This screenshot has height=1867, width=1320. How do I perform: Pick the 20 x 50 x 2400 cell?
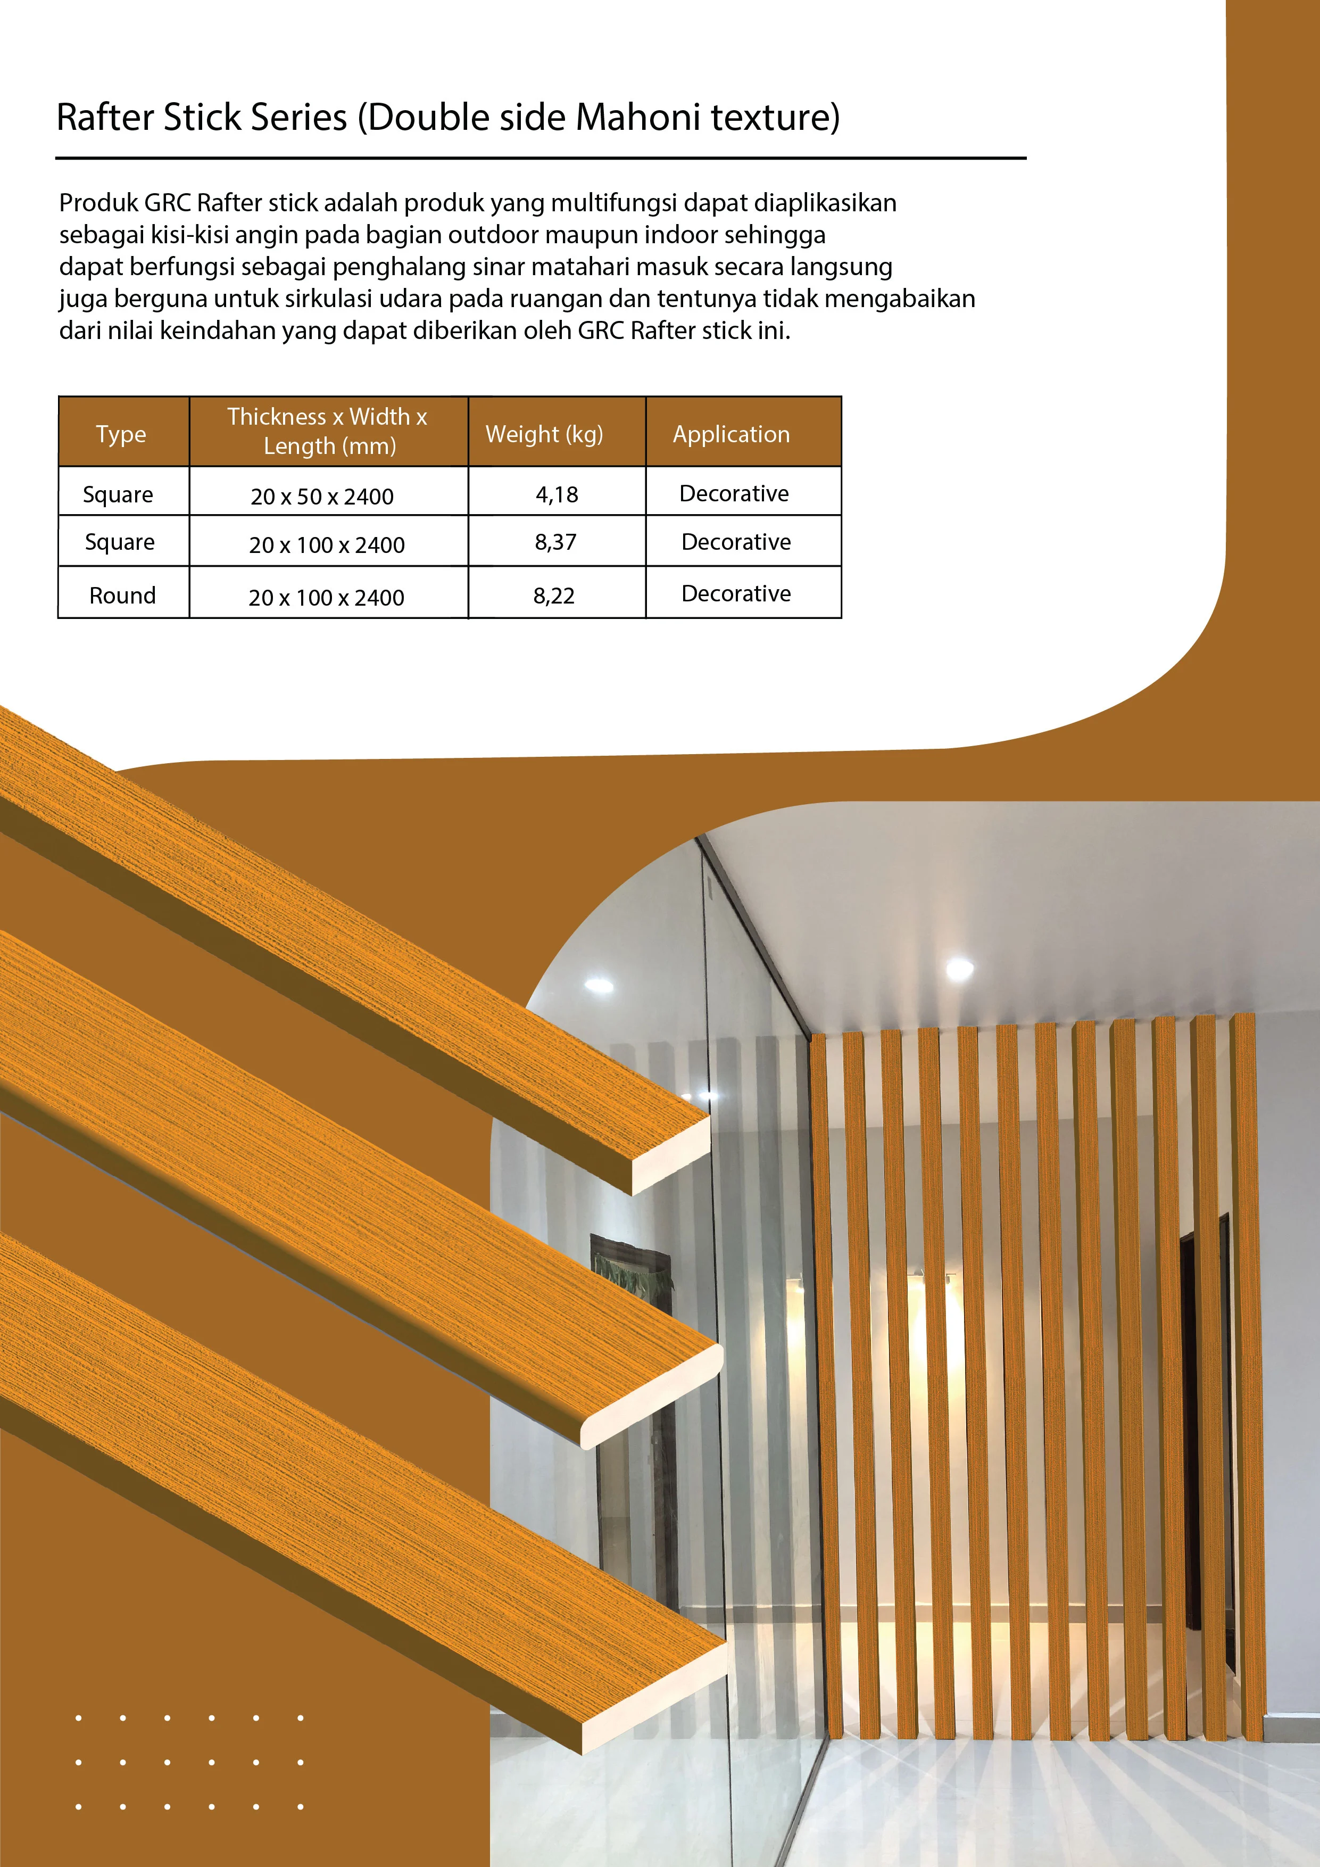coord(322,496)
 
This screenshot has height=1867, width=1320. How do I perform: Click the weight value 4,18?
coord(557,494)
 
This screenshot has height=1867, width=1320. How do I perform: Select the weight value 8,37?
coord(555,542)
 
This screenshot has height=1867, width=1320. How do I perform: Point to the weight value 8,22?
coord(553,596)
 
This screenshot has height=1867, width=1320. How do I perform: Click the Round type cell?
coord(123,595)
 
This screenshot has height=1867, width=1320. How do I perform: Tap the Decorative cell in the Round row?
coord(736,593)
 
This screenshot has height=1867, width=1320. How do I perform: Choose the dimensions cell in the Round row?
coord(326,598)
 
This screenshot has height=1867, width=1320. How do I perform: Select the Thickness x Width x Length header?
coord(328,431)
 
